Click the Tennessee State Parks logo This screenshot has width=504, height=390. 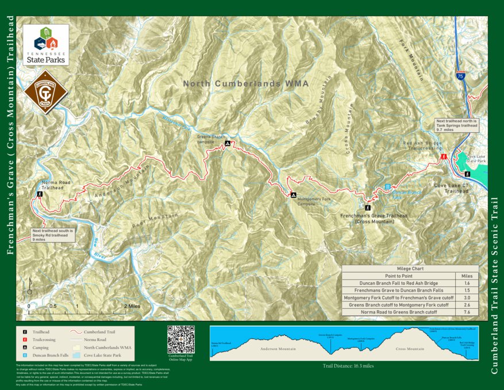coord(46,45)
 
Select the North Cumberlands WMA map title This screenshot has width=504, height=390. coord(245,83)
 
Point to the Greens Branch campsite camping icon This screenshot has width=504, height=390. coord(228,144)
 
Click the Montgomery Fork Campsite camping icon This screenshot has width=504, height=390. coord(293,194)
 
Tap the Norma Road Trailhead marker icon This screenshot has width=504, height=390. coord(40,194)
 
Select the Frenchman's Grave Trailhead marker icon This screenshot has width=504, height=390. coord(368,208)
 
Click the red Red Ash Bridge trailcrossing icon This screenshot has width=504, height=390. coord(444,156)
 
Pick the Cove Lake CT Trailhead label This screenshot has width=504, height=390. coord(451,188)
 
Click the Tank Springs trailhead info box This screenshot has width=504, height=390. coord(457,125)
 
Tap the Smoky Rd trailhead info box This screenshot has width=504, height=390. coord(54,235)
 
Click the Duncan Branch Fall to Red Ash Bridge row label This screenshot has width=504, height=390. coord(398,283)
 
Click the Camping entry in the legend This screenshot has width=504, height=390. coord(40,348)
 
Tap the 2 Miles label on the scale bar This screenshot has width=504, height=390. coord(130,306)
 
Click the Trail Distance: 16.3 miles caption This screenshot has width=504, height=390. coord(348,365)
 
